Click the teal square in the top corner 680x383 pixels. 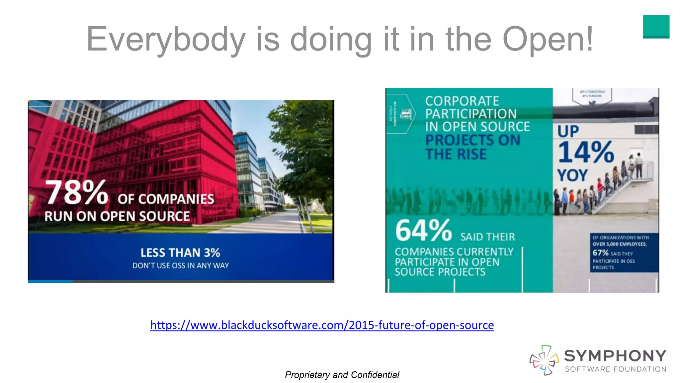[x=656, y=27]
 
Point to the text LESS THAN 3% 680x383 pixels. [x=180, y=253]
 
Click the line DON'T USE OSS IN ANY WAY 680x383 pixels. [x=180, y=266]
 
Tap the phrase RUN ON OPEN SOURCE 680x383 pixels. [x=117, y=216]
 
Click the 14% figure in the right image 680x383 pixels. [x=586, y=152]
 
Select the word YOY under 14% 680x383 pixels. [x=572, y=175]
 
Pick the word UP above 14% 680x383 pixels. [x=568, y=131]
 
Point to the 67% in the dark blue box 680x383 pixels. [x=600, y=253]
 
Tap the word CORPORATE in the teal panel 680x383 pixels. [x=462, y=101]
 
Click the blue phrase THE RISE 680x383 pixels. [x=456, y=154]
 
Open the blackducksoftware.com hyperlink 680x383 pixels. [x=322, y=325]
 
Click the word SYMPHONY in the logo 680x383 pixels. [x=615, y=356]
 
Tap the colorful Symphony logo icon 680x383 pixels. [x=544, y=360]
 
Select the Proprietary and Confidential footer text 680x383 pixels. [x=342, y=375]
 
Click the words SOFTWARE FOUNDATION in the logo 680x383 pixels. [x=616, y=369]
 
